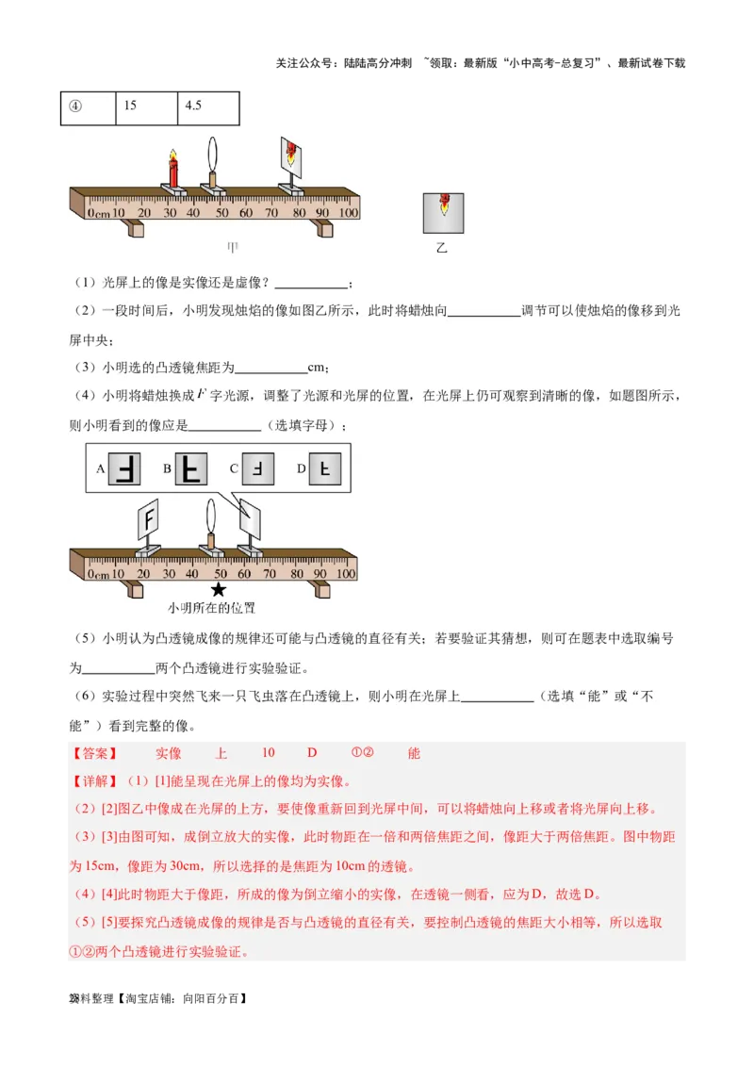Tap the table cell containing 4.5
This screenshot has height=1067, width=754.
[206, 106]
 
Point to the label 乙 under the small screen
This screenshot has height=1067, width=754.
[441, 248]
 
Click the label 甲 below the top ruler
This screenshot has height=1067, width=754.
[231, 248]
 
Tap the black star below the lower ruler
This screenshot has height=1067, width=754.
[219, 590]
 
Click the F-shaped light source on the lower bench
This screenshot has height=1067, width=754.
[148, 517]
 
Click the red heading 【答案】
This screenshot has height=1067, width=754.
[95, 753]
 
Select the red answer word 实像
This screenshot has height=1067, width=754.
[169, 753]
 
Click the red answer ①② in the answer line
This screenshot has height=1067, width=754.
[363, 753]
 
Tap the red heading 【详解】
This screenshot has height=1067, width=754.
[95, 781]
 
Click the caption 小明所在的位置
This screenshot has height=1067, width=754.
[212, 608]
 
